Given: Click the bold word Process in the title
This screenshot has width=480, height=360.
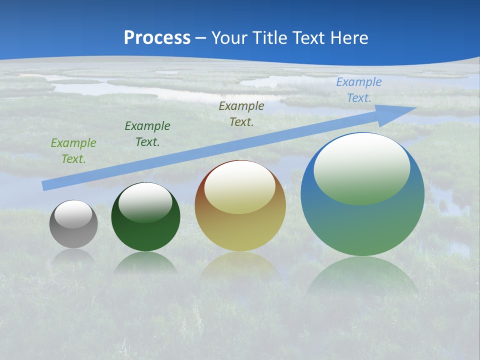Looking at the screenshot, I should (157, 37).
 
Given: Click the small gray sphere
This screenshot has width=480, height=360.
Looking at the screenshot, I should (73, 235).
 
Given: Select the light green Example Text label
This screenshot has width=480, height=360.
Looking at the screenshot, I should (73, 151).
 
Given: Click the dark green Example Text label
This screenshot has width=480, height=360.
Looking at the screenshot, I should (147, 134).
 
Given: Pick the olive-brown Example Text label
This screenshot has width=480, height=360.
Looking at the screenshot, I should (241, 114).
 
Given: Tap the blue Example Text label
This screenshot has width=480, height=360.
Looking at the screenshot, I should (359, 90).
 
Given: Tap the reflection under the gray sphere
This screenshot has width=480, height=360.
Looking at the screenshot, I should (73, 256).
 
